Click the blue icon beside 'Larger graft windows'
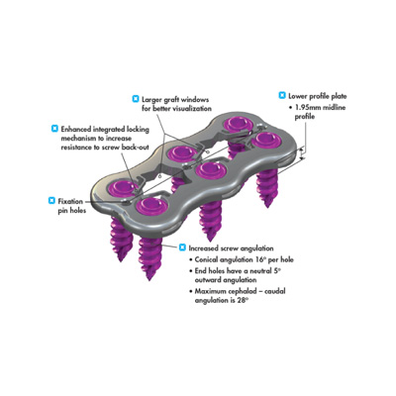pyautogui.click(x=136, y=98)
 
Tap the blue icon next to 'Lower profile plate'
pyautogui.click(x=282, y=95)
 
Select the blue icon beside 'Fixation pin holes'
pyautogui.click(x=51, y=200)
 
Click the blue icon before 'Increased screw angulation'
pyautogui.click(x=182, y=247)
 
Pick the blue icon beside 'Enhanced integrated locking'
pyautogui.click(x=54, y=129)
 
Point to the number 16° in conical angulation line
pyautogui.click(x=260, y=259)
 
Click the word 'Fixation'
pyautogui.click(x=70, y=201)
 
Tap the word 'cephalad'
pyautogui.click(x=238, y=291)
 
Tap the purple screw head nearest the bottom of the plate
pyautogui.click(x=152, y=206)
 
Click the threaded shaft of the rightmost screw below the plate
pyautogui.click(x=268, y=187)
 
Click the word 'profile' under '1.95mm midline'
pyautogui.click(x=305, y=117)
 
